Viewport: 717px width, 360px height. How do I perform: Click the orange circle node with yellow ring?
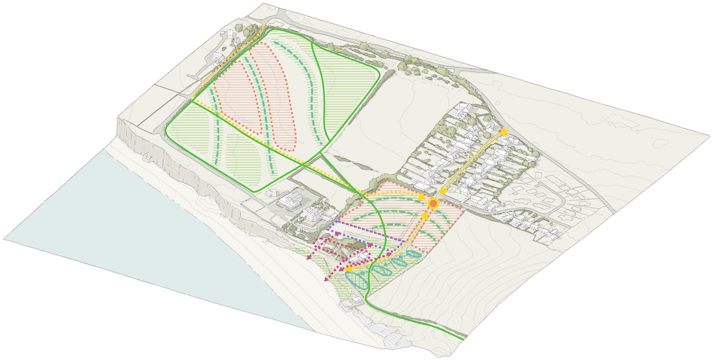[x=433, y=204]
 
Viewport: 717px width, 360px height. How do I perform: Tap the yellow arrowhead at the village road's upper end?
[x=505, y=132]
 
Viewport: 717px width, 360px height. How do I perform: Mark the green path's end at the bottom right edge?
[x=463, y=338]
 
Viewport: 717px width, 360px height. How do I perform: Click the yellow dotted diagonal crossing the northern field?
[x=252, y=133]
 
